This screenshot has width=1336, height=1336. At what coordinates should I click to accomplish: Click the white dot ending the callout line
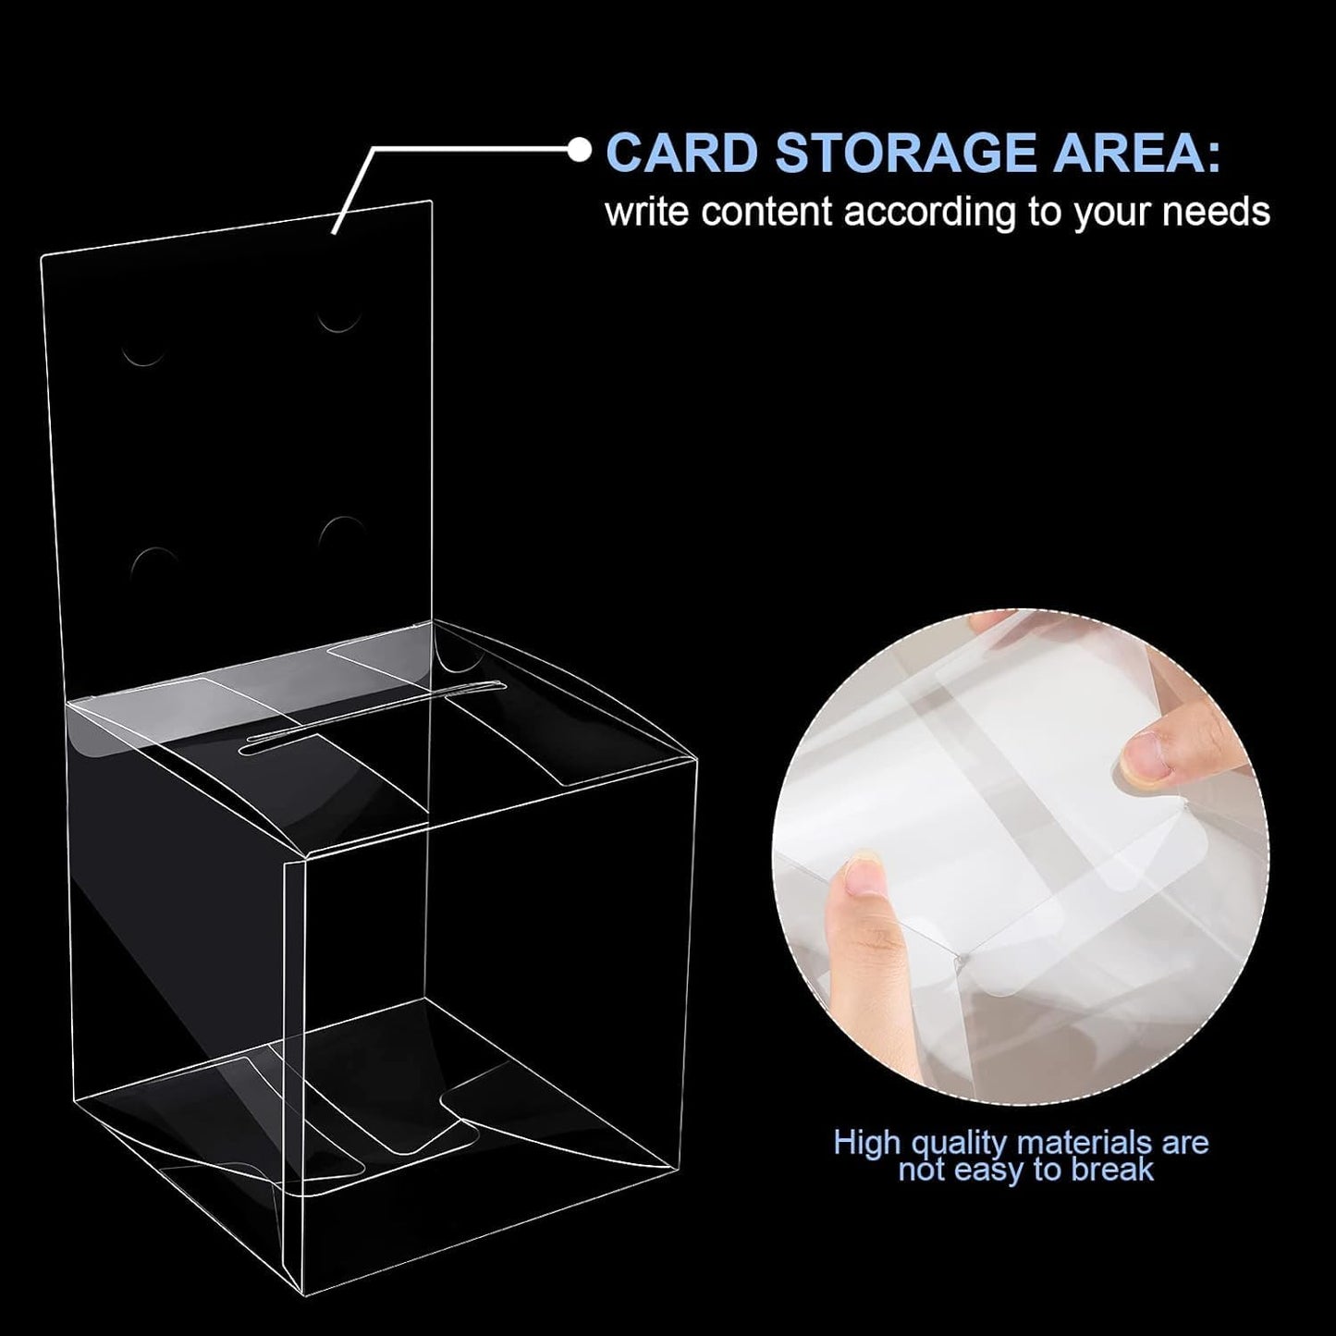point(580,149)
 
